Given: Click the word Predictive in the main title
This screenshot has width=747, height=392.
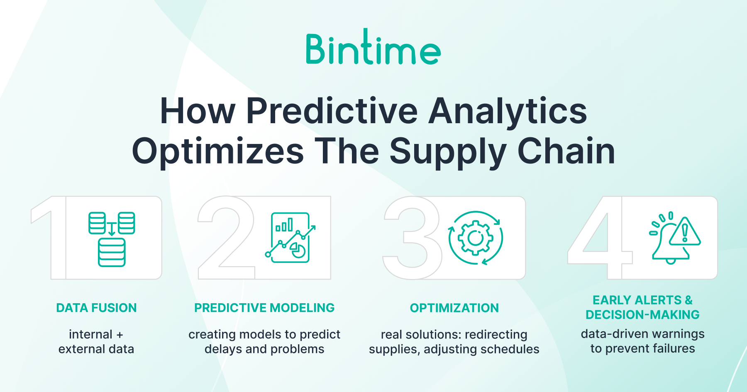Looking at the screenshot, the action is (332, 111).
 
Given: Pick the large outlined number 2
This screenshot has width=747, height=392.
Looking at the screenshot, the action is (226, 238).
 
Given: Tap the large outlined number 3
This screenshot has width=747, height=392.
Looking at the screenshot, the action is (413, 238).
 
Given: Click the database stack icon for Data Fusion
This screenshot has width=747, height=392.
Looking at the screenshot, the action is (112, 239).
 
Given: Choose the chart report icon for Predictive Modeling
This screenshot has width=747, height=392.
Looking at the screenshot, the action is (290, 238).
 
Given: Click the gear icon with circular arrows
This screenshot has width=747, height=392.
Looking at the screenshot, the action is (476, 238).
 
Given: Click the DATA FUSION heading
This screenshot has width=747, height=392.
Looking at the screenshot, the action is (96, 308).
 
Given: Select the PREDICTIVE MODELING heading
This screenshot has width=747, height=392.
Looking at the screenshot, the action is (264, 308).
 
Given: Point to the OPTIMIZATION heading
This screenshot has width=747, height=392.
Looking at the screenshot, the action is (454, 308).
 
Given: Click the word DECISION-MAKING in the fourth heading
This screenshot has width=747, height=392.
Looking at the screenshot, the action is (642, 315).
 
